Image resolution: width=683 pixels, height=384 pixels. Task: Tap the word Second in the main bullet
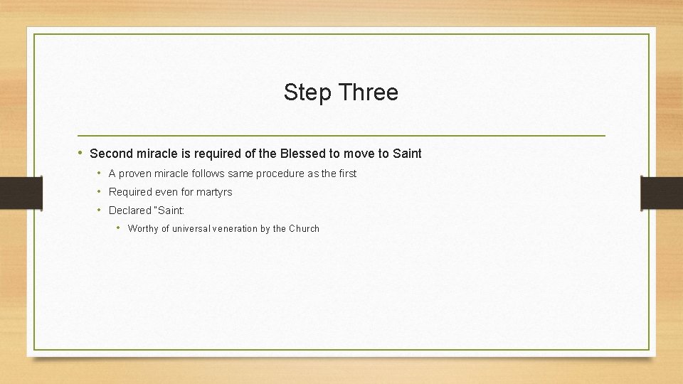(x=111, y=154)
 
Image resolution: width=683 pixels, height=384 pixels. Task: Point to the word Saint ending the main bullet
(x=407, y=154)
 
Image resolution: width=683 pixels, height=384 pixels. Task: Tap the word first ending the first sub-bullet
(x=346, y=174)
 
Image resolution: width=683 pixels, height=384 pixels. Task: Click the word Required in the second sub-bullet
(x=130, y=192)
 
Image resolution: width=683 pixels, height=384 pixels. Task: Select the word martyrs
(x=214, y=192)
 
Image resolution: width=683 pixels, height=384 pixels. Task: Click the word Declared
(x=129, y=210)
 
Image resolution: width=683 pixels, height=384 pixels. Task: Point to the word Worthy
(x=143, y=229)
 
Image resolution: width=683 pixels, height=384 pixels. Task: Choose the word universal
(x=191, y=229)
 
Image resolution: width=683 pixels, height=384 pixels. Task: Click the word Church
(x=304, y=229)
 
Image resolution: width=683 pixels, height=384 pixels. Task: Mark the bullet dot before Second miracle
(x=81, y=153)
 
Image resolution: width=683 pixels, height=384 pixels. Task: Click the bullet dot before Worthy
(x=119, y=228)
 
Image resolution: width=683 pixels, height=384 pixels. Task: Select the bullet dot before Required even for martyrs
(x=100, y=192)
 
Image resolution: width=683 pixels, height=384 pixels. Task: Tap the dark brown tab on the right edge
(x=661, y=193)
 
